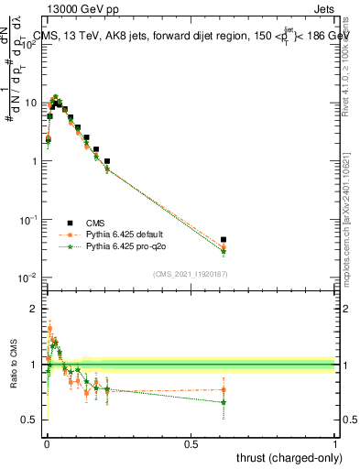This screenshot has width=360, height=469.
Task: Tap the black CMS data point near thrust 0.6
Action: click(224, 240)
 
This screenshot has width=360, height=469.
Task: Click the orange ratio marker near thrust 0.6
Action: click(224, 389)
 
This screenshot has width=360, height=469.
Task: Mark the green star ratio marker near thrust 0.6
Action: click(224, 402)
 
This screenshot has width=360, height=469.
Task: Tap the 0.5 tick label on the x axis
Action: click(191, 443)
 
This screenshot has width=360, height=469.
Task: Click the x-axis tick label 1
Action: click(335, 443)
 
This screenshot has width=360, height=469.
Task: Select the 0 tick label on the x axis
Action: click(46, 443)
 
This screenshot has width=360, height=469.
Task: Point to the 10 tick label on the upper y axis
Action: click(30, 103)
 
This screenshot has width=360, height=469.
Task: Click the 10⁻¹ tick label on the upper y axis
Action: click(28, 220)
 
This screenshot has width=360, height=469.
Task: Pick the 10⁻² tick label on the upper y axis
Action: click(28, 278)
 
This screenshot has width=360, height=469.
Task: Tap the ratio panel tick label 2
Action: click(35, 309)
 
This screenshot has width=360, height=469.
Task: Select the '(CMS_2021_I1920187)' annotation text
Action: click(191, 275)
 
